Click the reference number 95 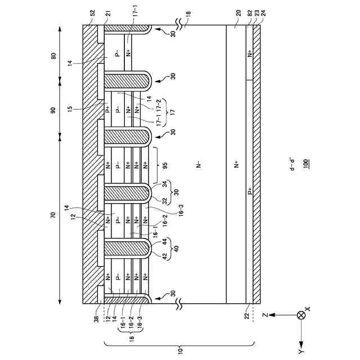pos(164,165)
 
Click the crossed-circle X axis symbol pos(301,316)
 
